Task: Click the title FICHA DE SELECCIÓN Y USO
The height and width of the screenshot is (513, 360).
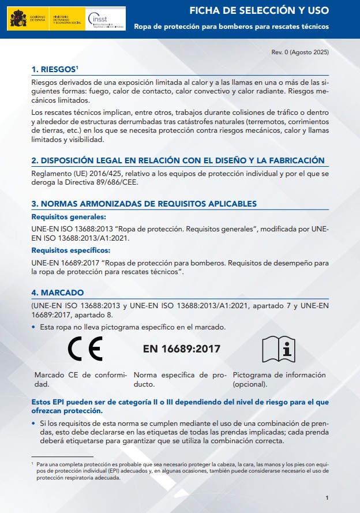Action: (x=260, y=10)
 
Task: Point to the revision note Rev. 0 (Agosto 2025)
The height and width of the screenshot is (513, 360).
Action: (x=300, y=53)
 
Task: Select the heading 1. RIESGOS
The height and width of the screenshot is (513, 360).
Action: (x=55, y=69)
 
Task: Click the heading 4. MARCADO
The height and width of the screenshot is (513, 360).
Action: (x=58, y=293)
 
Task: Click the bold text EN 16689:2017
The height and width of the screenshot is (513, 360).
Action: (x=181, y=349)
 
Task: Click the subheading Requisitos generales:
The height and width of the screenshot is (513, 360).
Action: (x=69, y=217)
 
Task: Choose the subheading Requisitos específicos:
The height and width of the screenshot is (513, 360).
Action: (x=71, y=250)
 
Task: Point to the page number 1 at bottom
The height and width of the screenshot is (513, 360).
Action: (x=327, y=497)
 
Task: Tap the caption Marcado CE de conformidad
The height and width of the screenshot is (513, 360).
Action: (x=80, y=379)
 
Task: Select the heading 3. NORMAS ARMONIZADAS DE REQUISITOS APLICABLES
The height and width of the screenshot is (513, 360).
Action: (x=144, y=204)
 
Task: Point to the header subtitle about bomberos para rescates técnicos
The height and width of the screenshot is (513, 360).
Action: (x=231, y=27)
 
